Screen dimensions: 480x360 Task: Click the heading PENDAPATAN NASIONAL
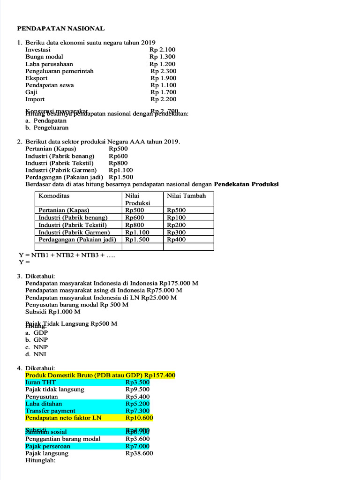(x=61, y=29)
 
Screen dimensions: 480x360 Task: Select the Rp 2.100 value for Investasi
(x=162, y=50)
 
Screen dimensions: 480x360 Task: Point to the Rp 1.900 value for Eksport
(x=163, y=78)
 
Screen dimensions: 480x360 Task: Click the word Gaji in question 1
(x=31, y=92)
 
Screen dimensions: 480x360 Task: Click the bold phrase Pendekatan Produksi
(x=246, y=184)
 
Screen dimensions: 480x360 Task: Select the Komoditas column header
(x=54, y=196)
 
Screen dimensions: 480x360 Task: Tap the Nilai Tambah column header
(x=186, y=196)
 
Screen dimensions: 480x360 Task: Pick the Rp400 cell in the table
(x=176, y=240)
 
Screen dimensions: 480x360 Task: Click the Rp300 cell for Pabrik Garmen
(x=176, y=232)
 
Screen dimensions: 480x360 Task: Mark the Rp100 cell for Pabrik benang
(x=176, y=218)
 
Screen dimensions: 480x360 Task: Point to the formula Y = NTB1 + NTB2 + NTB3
(x=67, y=255)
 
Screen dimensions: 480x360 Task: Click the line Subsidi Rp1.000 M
(x=53, y=312)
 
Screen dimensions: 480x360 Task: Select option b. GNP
(x=37, y=340)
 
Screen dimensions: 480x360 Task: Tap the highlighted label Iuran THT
(x=41, y=382)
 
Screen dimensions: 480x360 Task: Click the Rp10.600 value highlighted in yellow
(x=139, y=418)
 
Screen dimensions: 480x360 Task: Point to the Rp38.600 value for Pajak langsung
(x=139, y=453)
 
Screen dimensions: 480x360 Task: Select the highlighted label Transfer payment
(x=50, y=411)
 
